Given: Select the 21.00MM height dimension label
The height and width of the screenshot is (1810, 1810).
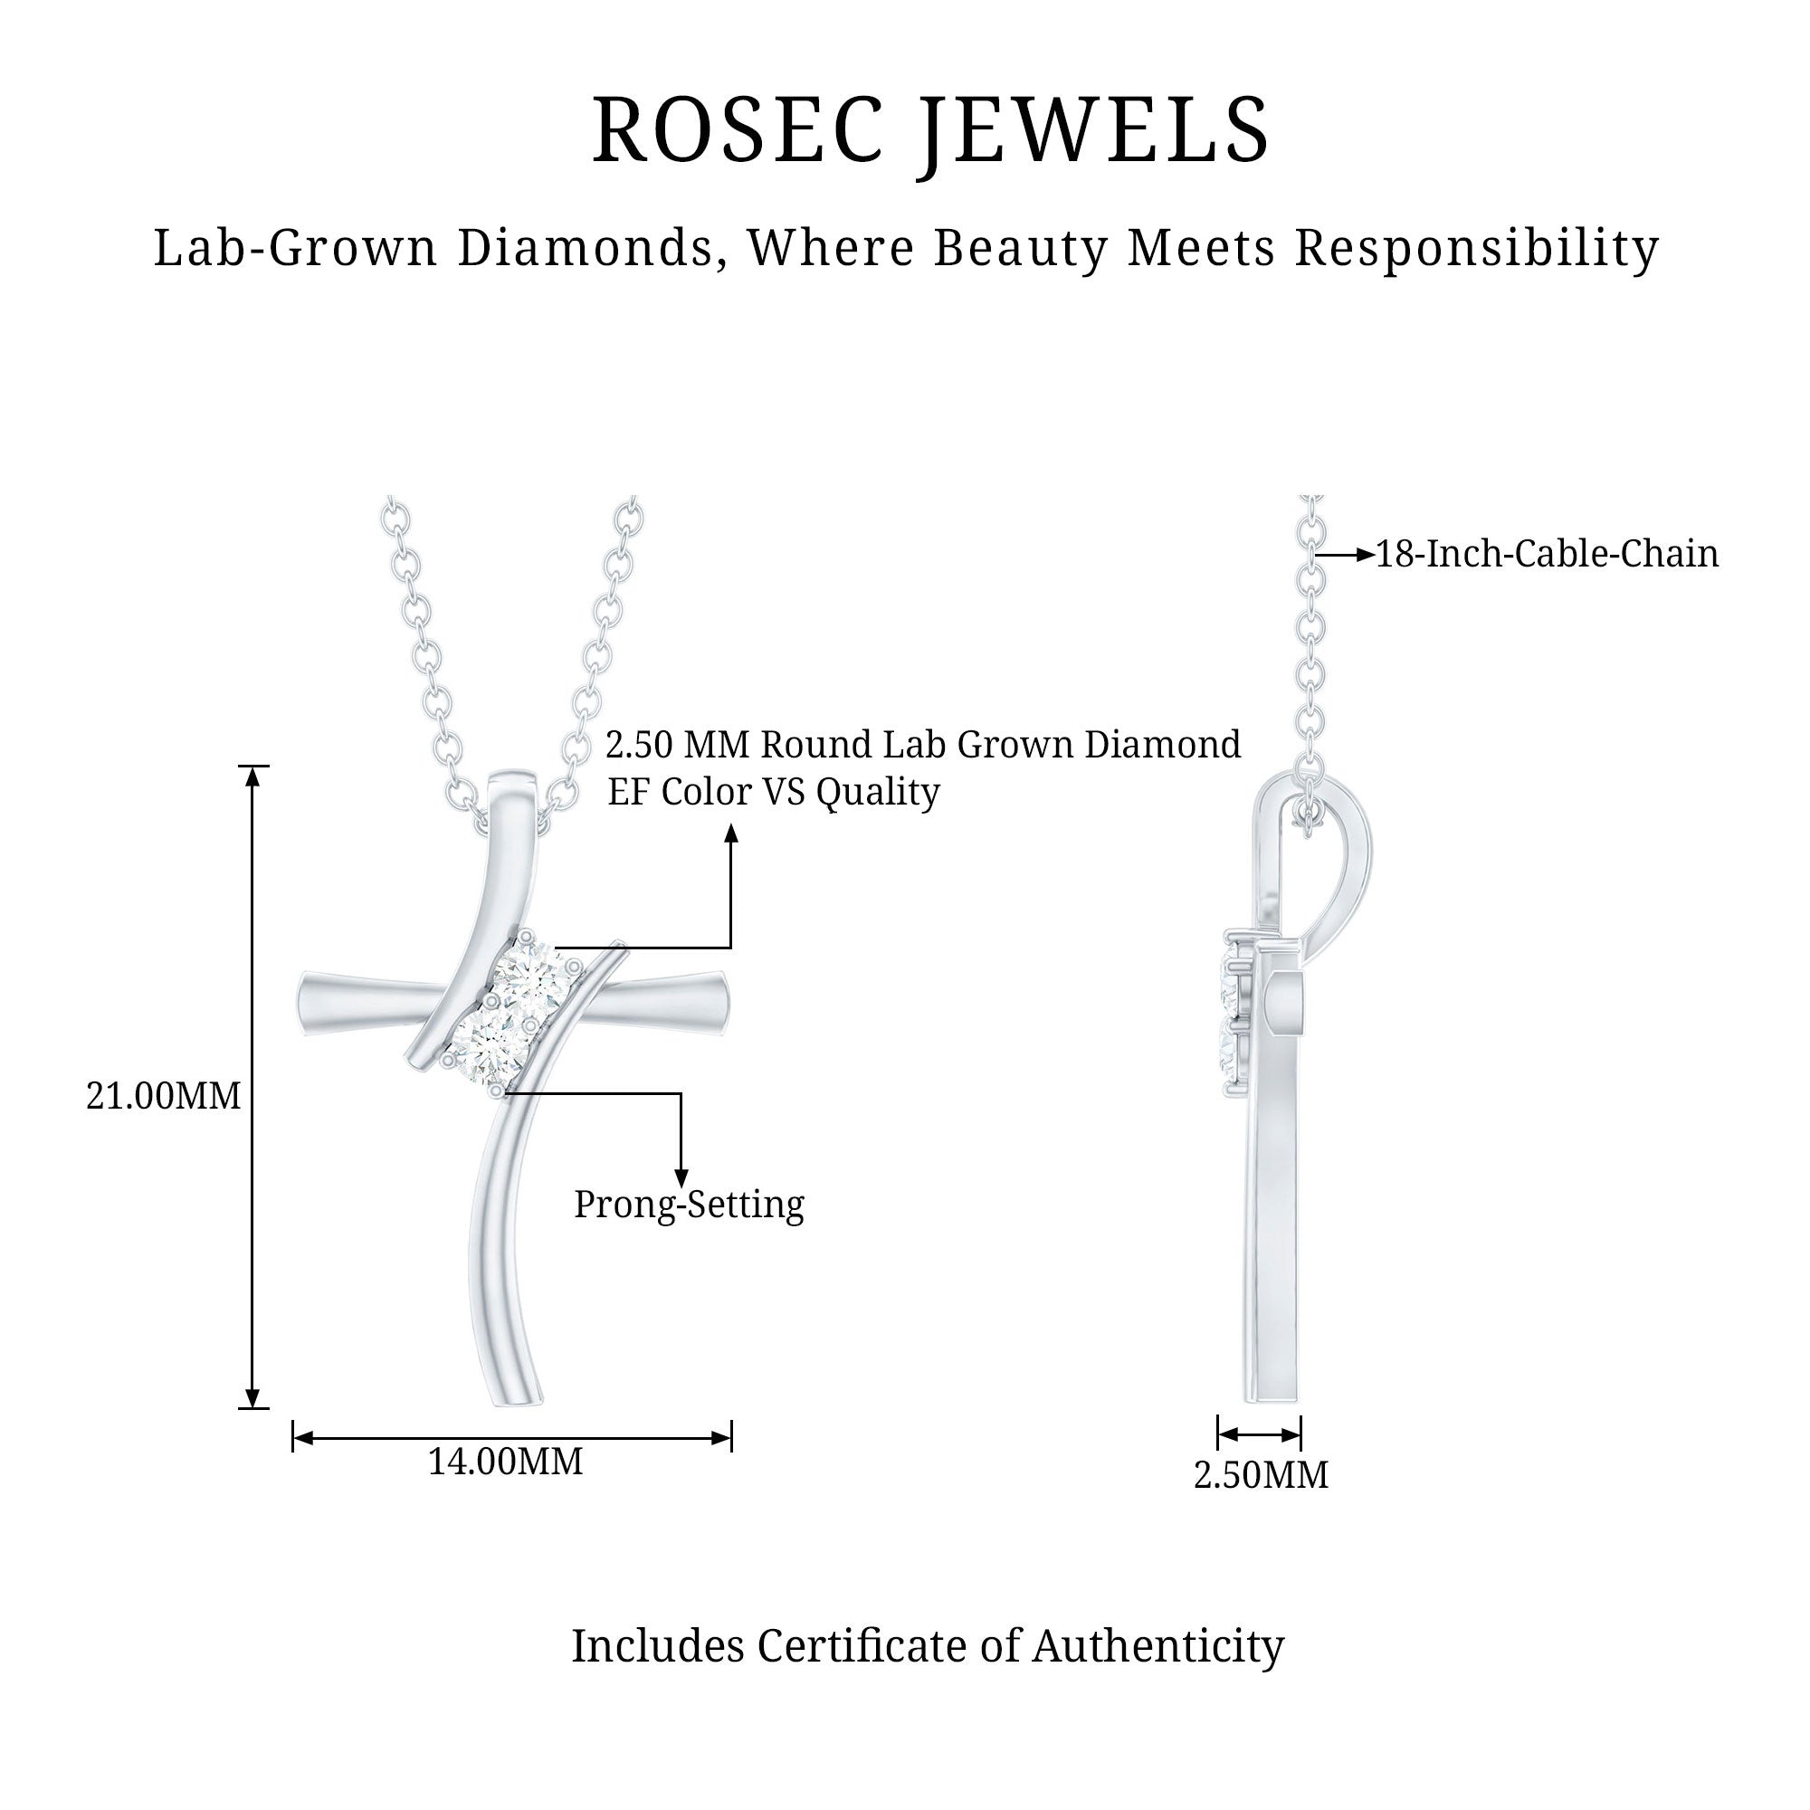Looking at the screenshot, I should [163, 1095].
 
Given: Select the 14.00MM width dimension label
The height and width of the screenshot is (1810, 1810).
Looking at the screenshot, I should [505, 1462].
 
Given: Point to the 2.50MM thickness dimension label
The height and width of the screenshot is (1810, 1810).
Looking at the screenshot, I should [1260, 1474].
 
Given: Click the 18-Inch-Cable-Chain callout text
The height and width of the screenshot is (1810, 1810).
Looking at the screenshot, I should [1547, 554].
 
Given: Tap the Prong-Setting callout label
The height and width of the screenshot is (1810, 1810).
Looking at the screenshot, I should [689, 1205].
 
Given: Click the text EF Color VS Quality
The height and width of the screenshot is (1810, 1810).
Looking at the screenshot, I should [773, 792].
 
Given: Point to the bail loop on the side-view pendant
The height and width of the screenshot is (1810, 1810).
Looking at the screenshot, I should [1346, 862].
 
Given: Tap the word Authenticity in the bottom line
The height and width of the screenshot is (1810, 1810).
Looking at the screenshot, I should [1158, 1646].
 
